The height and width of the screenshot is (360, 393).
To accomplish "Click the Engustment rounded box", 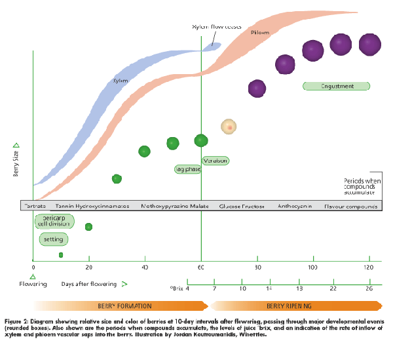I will coord(337,86).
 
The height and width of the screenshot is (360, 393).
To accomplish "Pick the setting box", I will coord(53,239).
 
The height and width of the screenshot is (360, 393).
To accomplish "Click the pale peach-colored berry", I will coord(229,126).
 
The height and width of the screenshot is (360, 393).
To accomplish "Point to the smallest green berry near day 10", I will coord(61,254).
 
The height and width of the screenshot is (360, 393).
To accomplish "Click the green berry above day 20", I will coord(88,227).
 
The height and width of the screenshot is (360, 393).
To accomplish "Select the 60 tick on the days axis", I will coord(201,268).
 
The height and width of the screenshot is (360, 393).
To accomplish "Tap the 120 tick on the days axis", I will coord(369,268).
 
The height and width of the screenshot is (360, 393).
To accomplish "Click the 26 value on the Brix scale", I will coord(369,289).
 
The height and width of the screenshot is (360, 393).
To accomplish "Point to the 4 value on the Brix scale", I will coord(187,289).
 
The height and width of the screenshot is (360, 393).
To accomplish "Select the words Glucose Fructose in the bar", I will coord(242,206).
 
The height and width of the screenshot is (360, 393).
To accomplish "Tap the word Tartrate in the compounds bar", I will coord(35,206).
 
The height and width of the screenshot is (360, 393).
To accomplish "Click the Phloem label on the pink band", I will coord(259,31).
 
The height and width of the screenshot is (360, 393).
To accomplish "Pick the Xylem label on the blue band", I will coord(119,81).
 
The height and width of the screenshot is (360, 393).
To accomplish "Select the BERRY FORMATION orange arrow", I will coord(121,306).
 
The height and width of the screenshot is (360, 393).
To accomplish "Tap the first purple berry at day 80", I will coord(257,88).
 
